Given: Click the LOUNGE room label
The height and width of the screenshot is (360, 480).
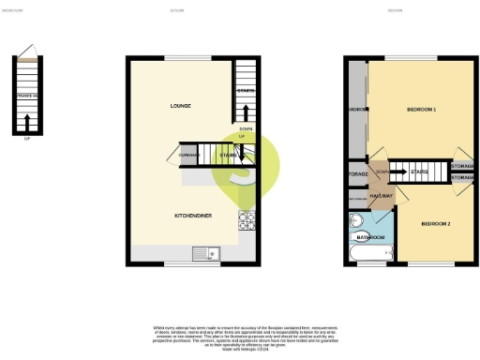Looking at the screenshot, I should [x=182, y=106].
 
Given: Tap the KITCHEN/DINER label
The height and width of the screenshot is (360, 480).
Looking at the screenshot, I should [x=192, y=216].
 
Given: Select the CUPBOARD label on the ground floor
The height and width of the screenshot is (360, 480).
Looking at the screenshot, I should [x=187, y=155].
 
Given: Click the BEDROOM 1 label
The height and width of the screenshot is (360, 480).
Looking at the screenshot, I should [x=421, y=110].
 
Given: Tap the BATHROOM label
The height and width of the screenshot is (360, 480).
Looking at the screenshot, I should [x=370, y=238].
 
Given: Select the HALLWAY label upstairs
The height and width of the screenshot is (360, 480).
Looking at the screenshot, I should [x=382, y=195].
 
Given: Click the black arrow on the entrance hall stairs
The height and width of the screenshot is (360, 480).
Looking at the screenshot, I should [x=28, y=119].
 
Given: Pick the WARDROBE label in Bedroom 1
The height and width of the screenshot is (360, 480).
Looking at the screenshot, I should [x=356, y=110].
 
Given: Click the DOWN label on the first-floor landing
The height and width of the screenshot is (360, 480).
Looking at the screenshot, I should [x=382, y=172].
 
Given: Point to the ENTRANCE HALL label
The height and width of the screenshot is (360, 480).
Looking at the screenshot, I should [x=27, y=96].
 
